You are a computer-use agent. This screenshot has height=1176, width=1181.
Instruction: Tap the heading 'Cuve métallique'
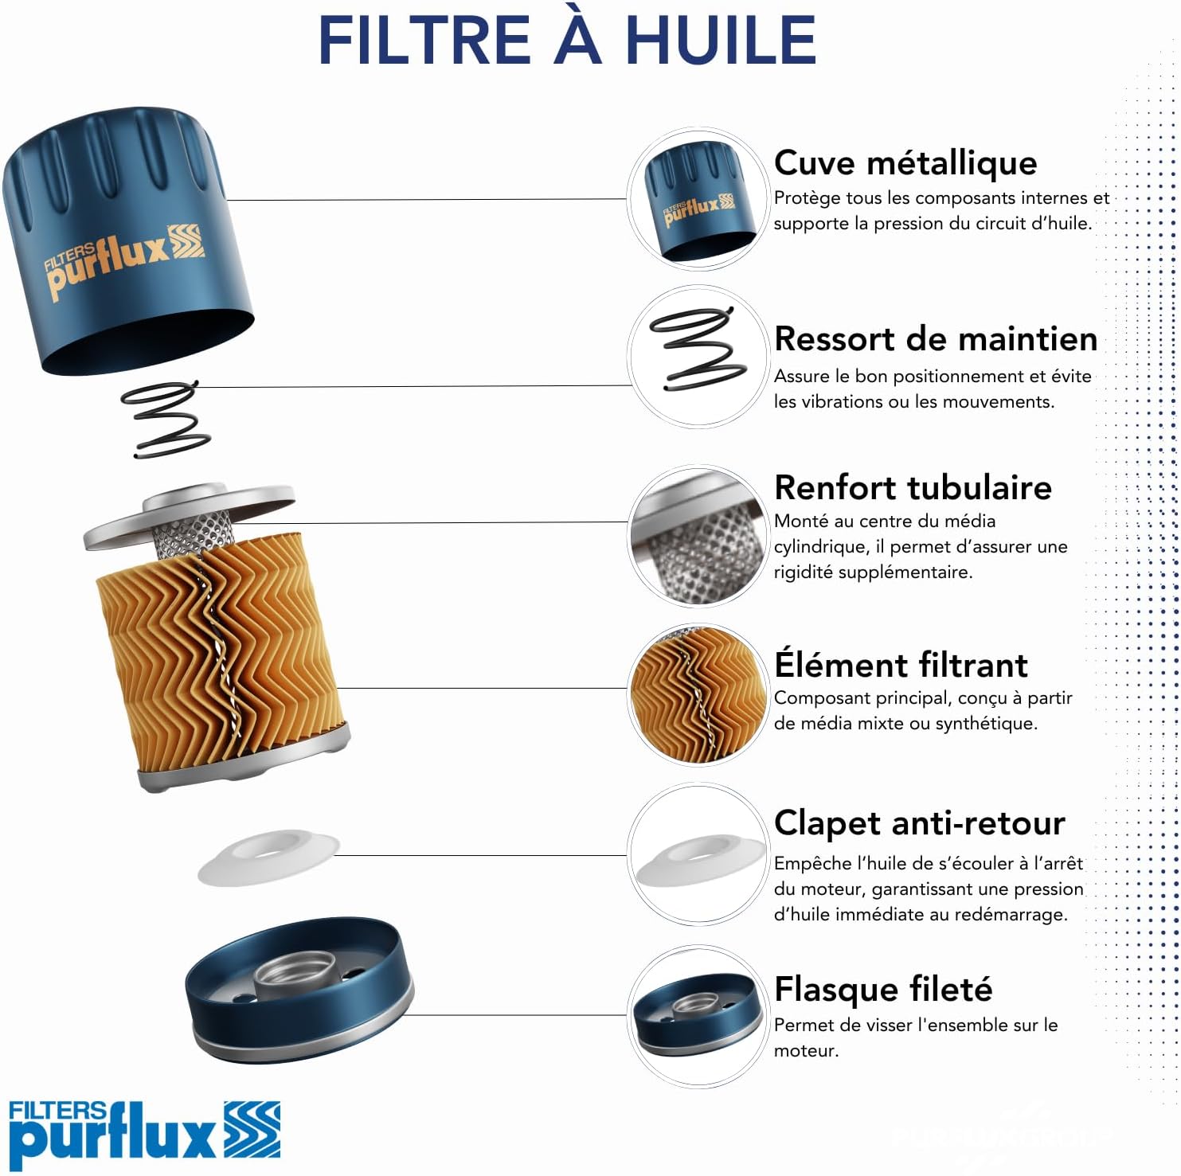point(905,162)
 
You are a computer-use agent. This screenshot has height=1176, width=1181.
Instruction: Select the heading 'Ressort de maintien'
point(936,338)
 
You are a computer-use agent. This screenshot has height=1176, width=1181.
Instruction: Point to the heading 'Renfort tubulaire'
point(913,487)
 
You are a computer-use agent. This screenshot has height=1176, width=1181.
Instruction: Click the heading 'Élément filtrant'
point(901,664)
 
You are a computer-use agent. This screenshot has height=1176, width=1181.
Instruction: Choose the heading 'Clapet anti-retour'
point(919,822)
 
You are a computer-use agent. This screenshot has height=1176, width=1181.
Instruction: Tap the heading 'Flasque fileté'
point(883,989)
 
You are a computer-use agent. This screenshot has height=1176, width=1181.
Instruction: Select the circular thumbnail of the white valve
point(698,856)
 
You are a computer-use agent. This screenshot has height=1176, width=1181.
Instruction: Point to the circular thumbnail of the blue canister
point(698,199)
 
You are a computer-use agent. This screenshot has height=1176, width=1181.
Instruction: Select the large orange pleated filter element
point(223,653)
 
